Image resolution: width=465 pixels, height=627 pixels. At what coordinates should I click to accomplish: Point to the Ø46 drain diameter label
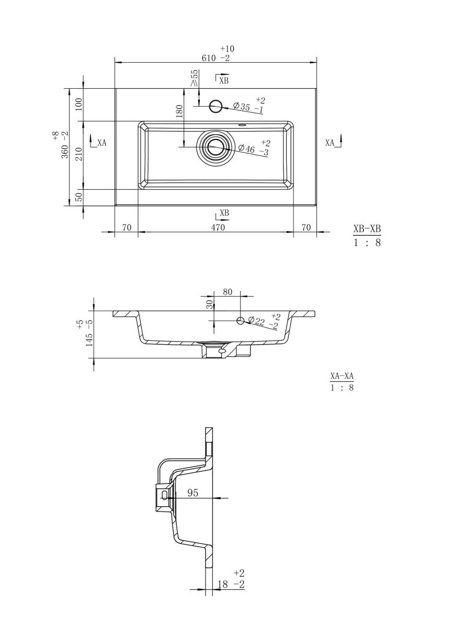[246, 148]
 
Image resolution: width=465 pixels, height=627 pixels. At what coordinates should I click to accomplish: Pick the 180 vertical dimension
[179, 111]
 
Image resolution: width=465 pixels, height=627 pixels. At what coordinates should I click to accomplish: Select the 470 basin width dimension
[218, 228]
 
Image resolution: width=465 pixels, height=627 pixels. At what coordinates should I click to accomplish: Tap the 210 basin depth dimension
[79, 154]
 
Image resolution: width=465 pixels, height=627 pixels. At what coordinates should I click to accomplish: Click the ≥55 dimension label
[195, 78]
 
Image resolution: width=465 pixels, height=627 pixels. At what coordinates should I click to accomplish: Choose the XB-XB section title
[367, 229]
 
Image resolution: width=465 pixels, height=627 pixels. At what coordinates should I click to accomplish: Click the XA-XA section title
[342, 376]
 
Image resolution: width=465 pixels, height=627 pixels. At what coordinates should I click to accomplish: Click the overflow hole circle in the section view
[240, 320]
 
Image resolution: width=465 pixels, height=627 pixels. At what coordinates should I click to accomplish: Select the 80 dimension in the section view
[227, 292]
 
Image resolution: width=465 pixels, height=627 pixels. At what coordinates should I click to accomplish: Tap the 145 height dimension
[89, 340]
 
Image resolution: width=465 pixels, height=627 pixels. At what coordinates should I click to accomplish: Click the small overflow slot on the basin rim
[242, 125]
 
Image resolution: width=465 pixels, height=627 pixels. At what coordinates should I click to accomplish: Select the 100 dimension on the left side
[79, 104]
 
